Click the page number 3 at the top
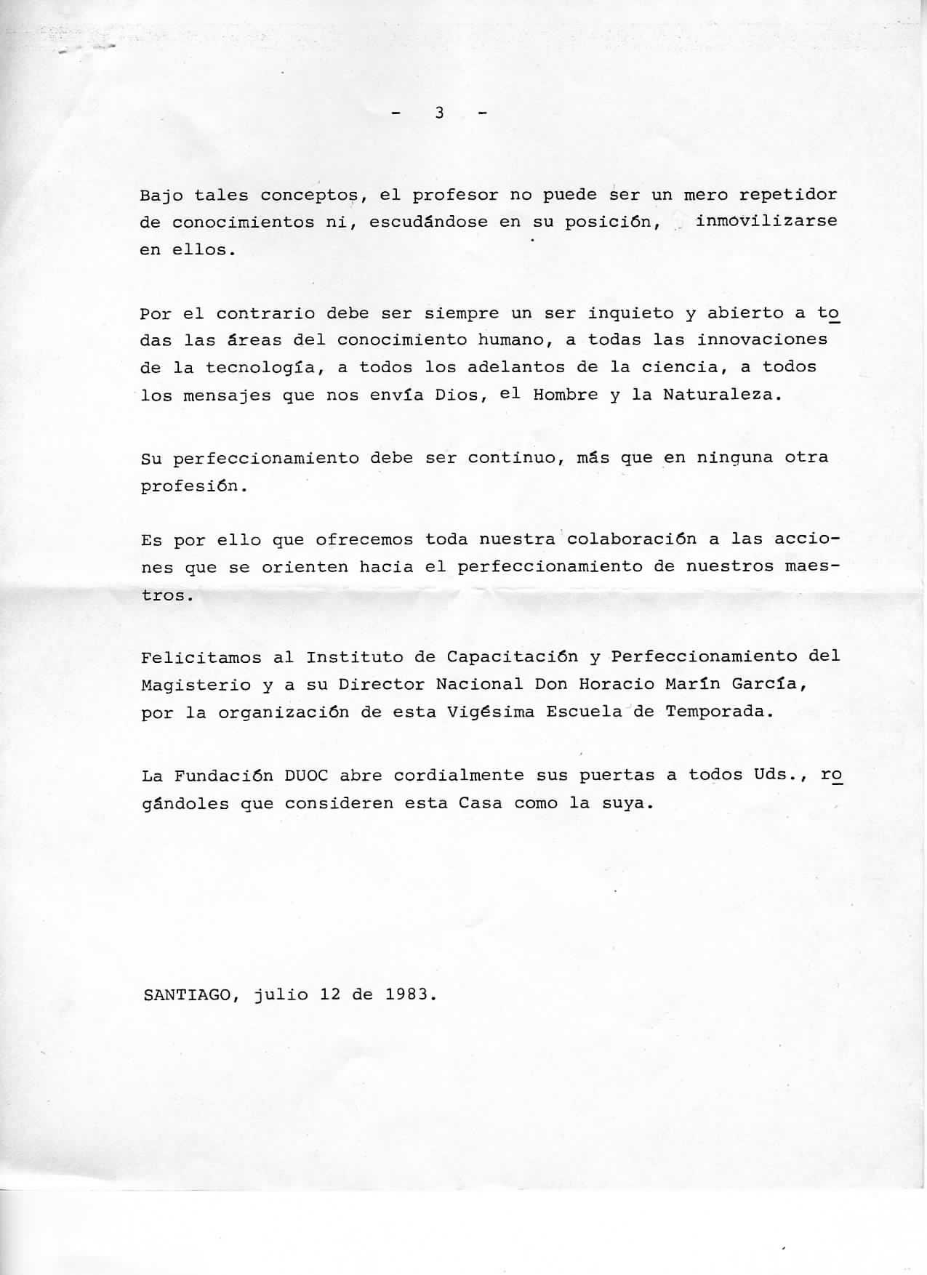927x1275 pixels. (439, 113)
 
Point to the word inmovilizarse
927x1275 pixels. (766, 220)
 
